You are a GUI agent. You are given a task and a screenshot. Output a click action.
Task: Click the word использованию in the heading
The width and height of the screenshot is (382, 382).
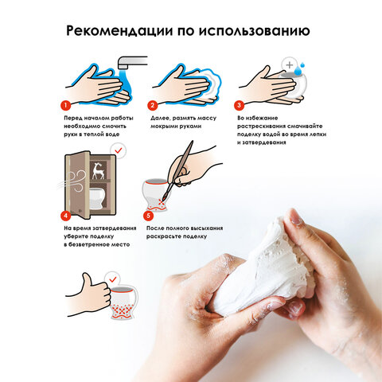254,32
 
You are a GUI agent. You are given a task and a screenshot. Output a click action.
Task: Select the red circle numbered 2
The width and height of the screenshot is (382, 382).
152,104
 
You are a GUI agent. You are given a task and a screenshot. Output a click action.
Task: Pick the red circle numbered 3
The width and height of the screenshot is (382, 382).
239,104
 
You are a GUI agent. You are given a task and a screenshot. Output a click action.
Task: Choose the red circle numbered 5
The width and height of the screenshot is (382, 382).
147,214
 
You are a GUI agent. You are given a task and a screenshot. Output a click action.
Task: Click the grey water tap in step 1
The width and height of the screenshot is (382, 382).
131,61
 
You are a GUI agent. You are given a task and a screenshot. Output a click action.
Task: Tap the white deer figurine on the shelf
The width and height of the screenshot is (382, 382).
99,170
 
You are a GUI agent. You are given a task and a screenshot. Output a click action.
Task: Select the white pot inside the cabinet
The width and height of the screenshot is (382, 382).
96,197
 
